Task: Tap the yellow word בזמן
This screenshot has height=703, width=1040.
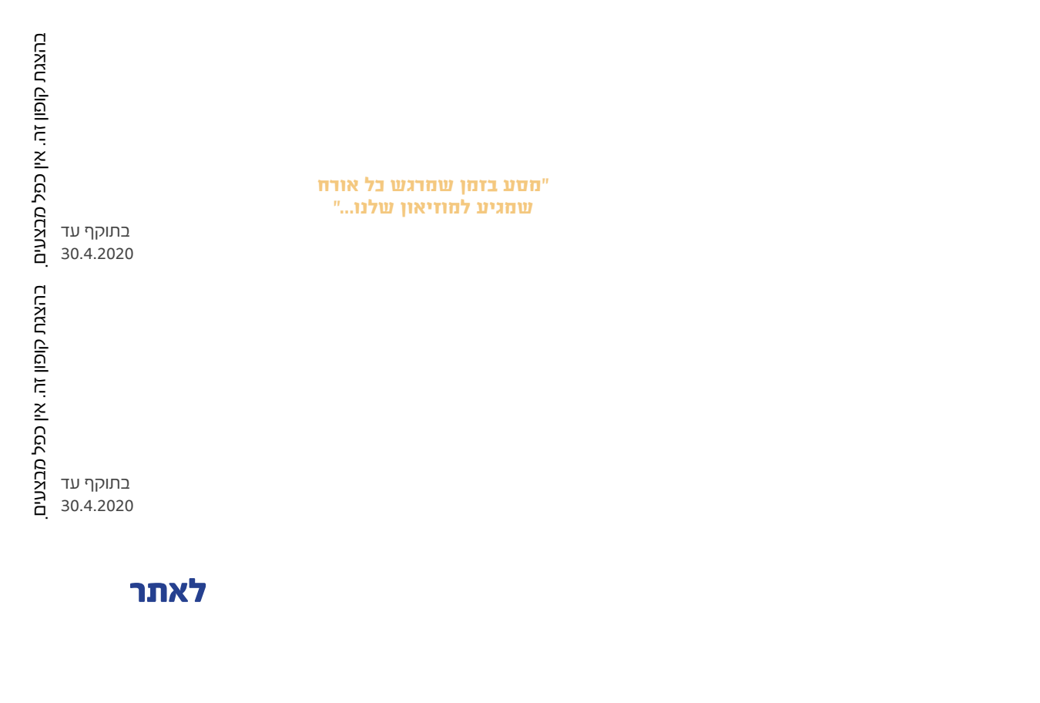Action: coord(479,186)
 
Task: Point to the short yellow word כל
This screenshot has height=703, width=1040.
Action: coord(374,186)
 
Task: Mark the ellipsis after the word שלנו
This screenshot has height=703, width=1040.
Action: coord(347,211)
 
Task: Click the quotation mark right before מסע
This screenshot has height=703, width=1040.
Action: coord(545,181)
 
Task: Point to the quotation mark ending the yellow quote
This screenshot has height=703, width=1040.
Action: coord(337,203)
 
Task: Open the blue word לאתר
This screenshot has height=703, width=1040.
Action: coord(168,590)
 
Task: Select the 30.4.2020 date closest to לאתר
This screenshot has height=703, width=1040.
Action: coord(97,506)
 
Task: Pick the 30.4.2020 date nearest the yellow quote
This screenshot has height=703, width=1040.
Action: coord(97,254)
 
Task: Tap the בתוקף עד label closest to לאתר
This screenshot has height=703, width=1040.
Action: coord(96,483)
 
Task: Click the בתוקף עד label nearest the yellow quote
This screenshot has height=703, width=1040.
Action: coord(96,231)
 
